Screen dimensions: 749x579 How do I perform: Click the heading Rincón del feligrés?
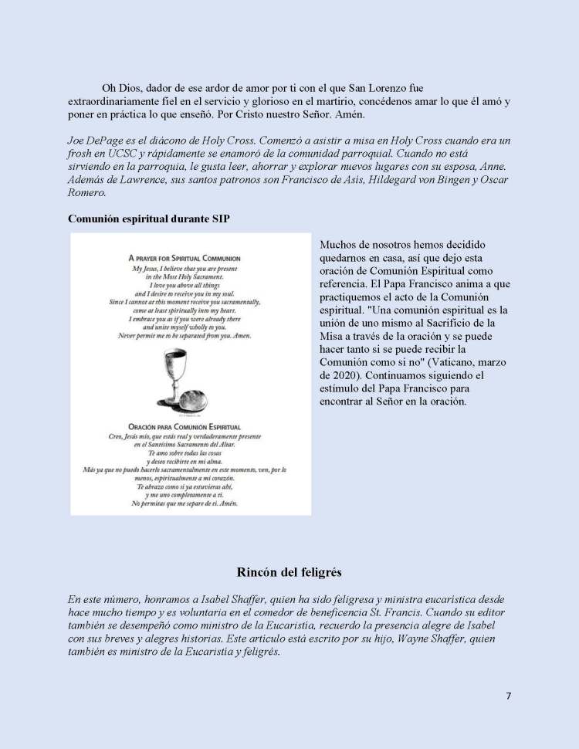click(x=289, y=572)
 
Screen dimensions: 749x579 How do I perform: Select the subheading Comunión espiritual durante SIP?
click(x=148, y=219)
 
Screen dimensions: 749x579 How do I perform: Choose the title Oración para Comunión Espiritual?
click(x=185, y=426)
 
